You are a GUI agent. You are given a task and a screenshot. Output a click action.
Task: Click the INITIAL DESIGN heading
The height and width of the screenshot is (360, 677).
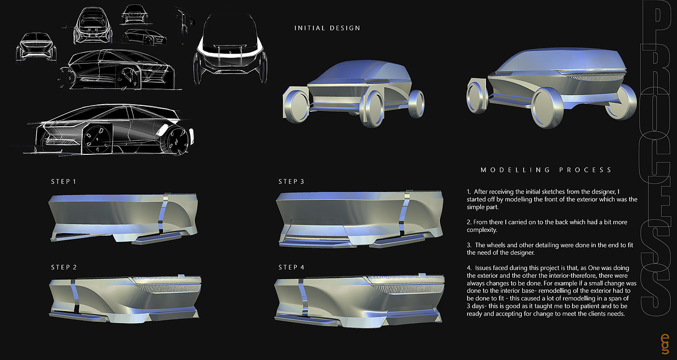[327, 28]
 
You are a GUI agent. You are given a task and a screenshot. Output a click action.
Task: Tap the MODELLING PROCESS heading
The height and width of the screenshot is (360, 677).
[546, 170]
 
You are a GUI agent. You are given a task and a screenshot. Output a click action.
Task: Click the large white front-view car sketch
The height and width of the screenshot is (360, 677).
[229, 46]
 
